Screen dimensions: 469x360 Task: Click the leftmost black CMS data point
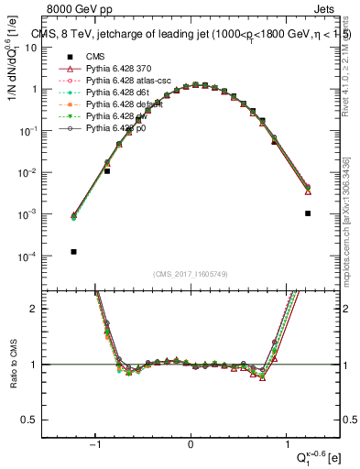(73, 252)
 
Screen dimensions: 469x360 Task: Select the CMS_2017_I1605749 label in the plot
(191, 275)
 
